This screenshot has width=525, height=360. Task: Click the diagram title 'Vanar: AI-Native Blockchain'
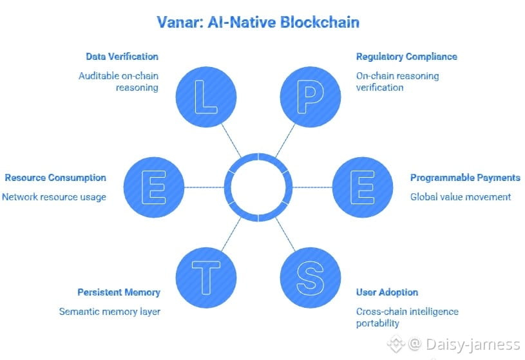(258, 22)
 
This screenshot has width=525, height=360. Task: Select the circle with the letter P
(310, 95)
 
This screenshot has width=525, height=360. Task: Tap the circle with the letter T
(206, 278)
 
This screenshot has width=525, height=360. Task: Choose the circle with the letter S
(310, 278)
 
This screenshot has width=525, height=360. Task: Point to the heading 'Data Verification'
(122, 57)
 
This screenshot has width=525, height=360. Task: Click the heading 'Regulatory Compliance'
(406, 57)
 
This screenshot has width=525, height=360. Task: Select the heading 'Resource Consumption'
(55, 178)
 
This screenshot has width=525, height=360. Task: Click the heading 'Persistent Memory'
(119, 292)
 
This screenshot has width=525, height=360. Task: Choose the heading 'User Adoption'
(387, 292)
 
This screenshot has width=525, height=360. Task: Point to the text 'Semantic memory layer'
(110, 312)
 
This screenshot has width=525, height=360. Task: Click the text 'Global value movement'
(461, 196)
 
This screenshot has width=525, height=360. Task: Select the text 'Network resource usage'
(54, 196)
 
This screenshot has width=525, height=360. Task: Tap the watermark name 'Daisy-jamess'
(472, 344)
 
